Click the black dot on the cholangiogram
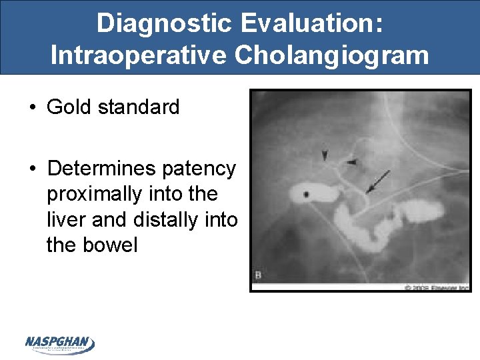pyautogui.click(x=307, y=194)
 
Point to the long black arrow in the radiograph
pyautogui.click(x=378, y=181)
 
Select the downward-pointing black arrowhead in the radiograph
pyautogui.click(x=325, y=155)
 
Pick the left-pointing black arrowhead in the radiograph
pyautogui.click(x=351, y=162)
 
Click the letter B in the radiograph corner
pyautogui.click(x=258, y=275)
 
